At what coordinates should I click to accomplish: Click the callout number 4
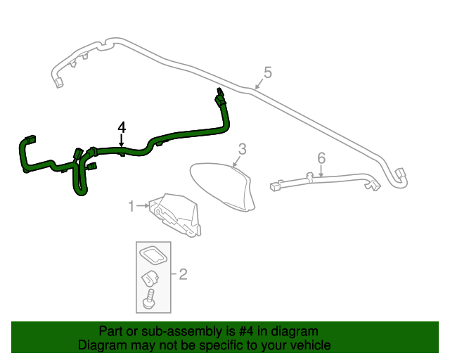tap(122, 127)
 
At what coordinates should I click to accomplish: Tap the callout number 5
tap(267, 72)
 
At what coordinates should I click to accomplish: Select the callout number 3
tap(242, 149)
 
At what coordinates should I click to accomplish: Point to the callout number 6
tap(321, 157)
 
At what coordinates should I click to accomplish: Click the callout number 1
tap(131, 206)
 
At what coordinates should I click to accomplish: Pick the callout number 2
tap(183, 274)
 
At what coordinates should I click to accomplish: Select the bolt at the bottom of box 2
tap(148, 302)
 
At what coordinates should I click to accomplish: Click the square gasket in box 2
tap(154, 255)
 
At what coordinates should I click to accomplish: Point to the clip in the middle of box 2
tap(150, 278)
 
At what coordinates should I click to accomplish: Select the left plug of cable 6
tap(276, 186)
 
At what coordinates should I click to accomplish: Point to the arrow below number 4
tap(122, 140)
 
